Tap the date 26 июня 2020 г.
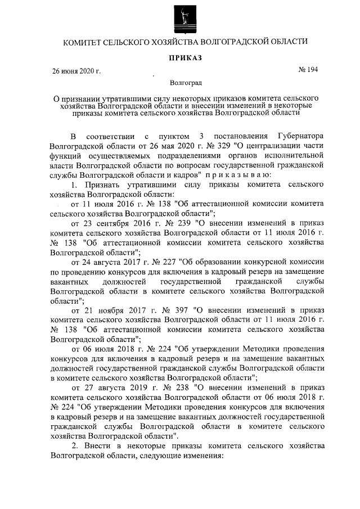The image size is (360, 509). tap(76, 71)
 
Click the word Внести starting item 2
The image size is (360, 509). tap(100, 446)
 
